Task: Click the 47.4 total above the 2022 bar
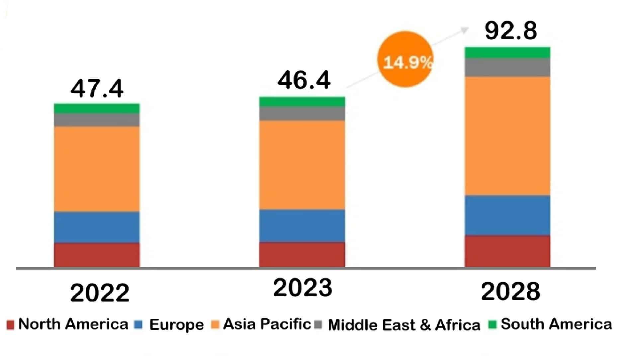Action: (x=97, y=89)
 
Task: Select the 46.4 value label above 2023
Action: (x=304, y=80)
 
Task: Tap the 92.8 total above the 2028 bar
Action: (x=511, y=31)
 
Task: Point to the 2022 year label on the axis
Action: (x=100, y=293)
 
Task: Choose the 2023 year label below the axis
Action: (x=303, y=288)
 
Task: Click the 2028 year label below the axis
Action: (x=510, y=292)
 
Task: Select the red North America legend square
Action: (x=10, y=324)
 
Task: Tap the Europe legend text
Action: (x=176, y=324)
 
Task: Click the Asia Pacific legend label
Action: (x=267, y=324)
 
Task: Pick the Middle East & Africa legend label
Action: (x=404, y=325)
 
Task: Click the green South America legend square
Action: (x=493, y=324)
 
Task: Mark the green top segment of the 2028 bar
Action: (x=507, y=52)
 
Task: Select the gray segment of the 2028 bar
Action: (x=507, y=67)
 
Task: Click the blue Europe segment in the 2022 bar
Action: (x=97, y=227)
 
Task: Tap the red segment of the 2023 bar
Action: (x=302, y=254)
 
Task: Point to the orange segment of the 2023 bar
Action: (x=302, y=165)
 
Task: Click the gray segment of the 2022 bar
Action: (x=97, y=120)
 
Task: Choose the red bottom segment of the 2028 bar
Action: (x=507, y=251)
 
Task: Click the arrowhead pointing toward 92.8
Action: (x=465, y=30)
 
